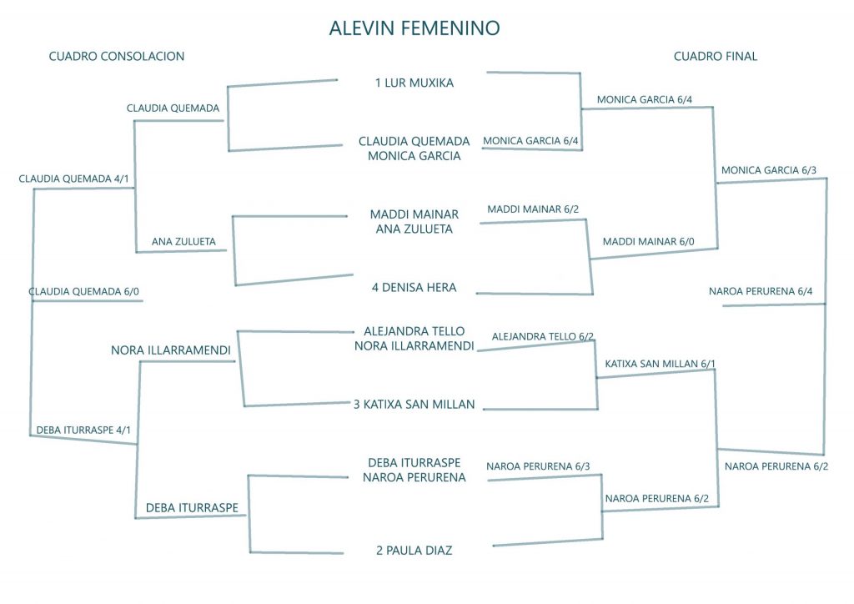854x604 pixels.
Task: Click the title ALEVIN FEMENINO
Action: [x=414, y=28]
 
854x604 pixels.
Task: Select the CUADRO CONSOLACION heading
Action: [x=117, y=57]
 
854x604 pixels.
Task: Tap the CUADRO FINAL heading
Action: [x=716, y=57]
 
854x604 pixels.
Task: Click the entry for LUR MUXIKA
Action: [x=414, y=83]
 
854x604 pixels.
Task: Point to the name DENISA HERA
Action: [x=419, y=288]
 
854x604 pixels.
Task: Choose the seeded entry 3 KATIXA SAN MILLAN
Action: [x=414, y=405]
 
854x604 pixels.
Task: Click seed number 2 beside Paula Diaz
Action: [x=379, y=550]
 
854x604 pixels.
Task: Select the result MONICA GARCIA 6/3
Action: [x=769, y=170]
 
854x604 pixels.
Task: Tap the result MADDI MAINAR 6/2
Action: [x=533, y=209]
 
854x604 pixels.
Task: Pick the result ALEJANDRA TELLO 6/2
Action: [x=543, y=337]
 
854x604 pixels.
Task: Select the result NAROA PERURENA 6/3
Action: [x=538, y=466]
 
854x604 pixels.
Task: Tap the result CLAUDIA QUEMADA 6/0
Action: [x=84, y=292]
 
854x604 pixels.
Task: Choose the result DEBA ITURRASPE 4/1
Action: [x=83, y=430]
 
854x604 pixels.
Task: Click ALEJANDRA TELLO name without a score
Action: [x=414, y=331]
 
